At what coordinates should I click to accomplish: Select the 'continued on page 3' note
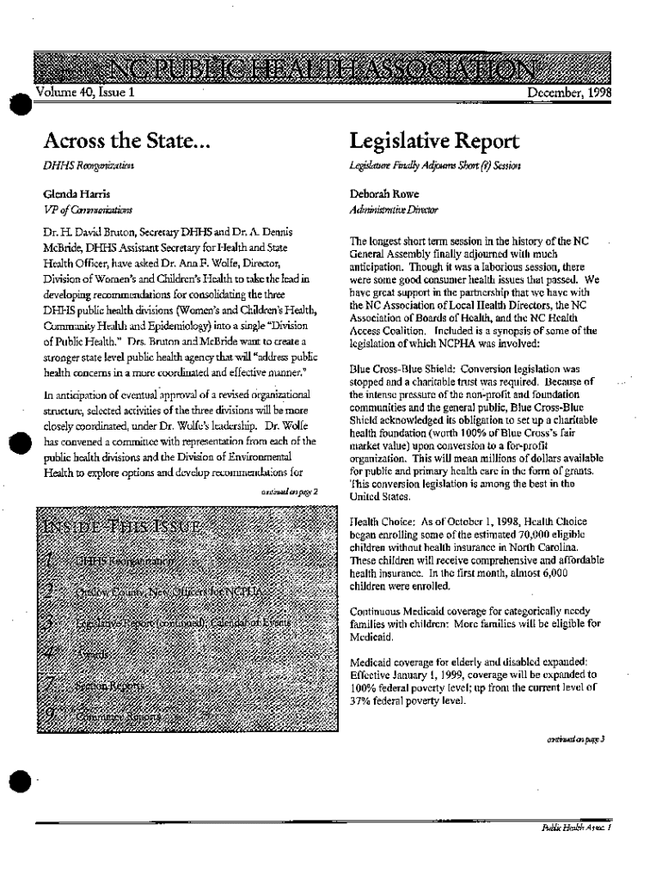tap(578, 738)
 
